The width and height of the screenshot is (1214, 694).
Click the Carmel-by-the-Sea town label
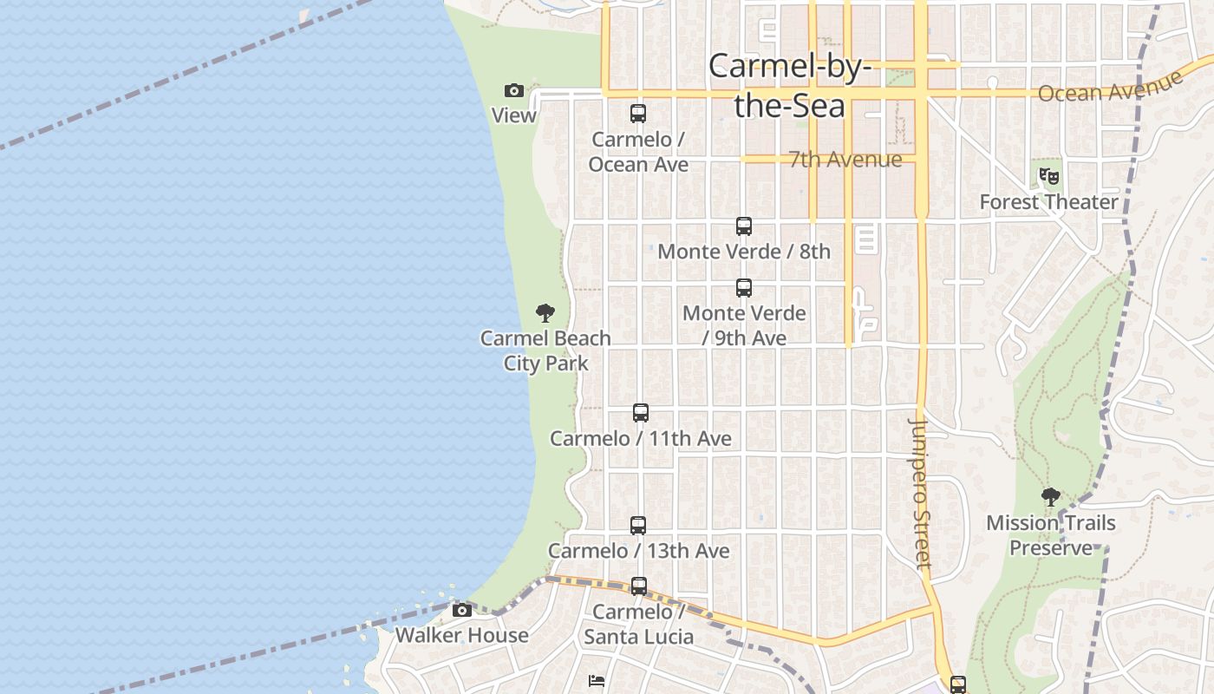coord(789,86)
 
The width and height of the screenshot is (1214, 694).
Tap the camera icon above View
coord(514,90)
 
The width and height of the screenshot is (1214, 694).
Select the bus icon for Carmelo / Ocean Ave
coord(638,113)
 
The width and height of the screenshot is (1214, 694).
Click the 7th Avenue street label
coord(845,160)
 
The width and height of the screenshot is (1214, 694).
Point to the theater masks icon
coord(1049,176)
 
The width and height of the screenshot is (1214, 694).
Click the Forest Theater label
coord(1048,202)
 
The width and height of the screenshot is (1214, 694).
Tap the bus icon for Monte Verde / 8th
coord(744,226)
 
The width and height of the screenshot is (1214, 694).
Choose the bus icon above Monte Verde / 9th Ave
coord(744,288)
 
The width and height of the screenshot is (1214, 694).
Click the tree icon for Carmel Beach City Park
coord(545,313)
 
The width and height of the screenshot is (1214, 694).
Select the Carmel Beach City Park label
coord(546,350)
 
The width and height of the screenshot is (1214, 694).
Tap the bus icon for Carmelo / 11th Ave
coord(641,413)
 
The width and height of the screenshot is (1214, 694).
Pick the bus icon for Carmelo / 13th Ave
coord(638,525)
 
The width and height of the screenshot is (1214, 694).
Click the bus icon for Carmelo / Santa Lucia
coord(639,586)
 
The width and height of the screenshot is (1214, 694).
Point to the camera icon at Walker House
coord(462,610)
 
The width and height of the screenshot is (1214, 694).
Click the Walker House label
coord(461,635)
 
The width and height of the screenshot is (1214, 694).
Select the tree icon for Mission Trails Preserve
coord(1051,497)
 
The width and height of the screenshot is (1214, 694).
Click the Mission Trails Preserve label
coord(1051,535)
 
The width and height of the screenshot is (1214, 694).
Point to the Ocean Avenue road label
coord(1110,87)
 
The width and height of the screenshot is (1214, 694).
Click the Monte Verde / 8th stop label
coord(744,252)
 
